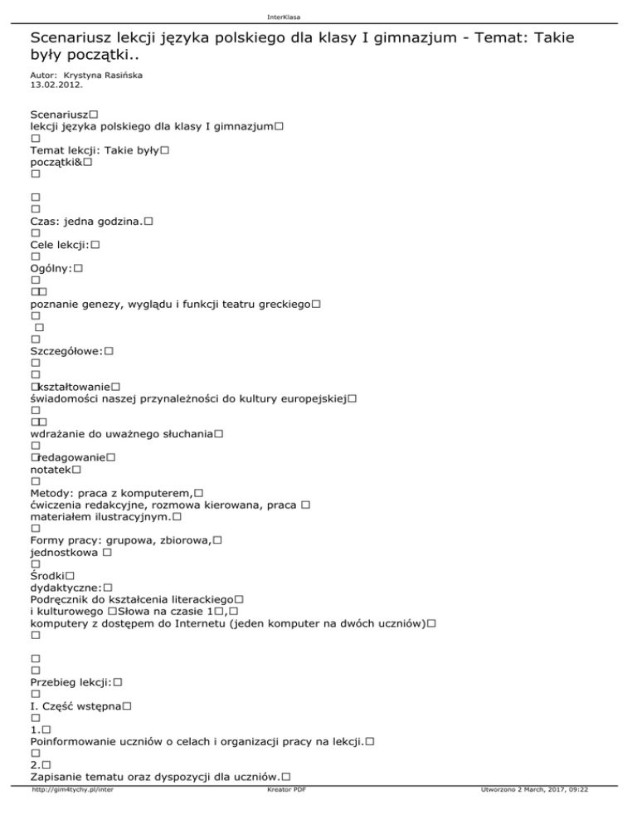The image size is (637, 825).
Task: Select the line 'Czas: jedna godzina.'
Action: click(x=86, y=222)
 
